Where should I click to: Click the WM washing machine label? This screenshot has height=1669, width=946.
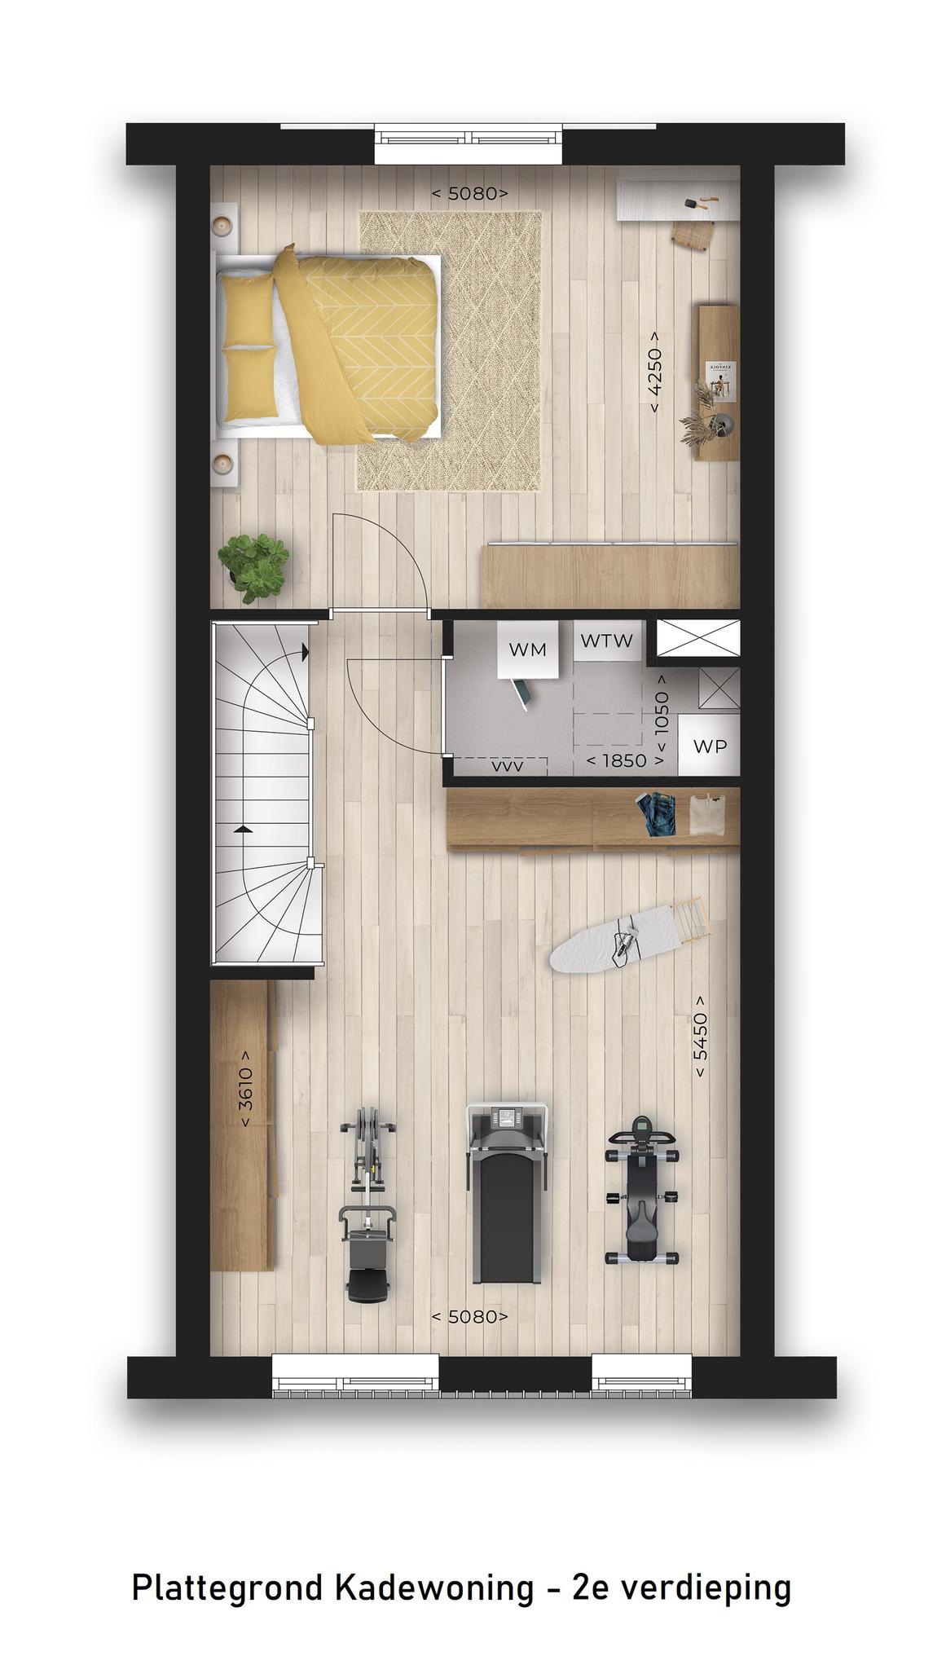(x=527, y=650)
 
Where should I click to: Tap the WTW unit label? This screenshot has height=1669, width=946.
(x=606, y=641)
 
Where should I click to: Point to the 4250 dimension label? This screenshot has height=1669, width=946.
(x=653, y=372)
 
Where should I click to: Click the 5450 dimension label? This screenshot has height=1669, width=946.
(x=700, y=1037)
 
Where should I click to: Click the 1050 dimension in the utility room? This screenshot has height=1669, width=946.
(x=661, y=713)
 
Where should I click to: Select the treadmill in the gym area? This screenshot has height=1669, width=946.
(x=506, y=1192)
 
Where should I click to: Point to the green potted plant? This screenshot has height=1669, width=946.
(x=253, y=567)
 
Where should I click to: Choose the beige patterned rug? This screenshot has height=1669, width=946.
(x=450, y=351)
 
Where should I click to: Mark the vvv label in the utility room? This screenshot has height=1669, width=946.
(x=508, y=766)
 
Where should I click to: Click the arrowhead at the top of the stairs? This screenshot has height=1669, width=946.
(x=305, y=652)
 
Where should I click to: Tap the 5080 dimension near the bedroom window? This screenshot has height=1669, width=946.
(x=469, y=193)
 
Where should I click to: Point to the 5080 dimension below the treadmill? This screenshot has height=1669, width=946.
(x=469, y=1316)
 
